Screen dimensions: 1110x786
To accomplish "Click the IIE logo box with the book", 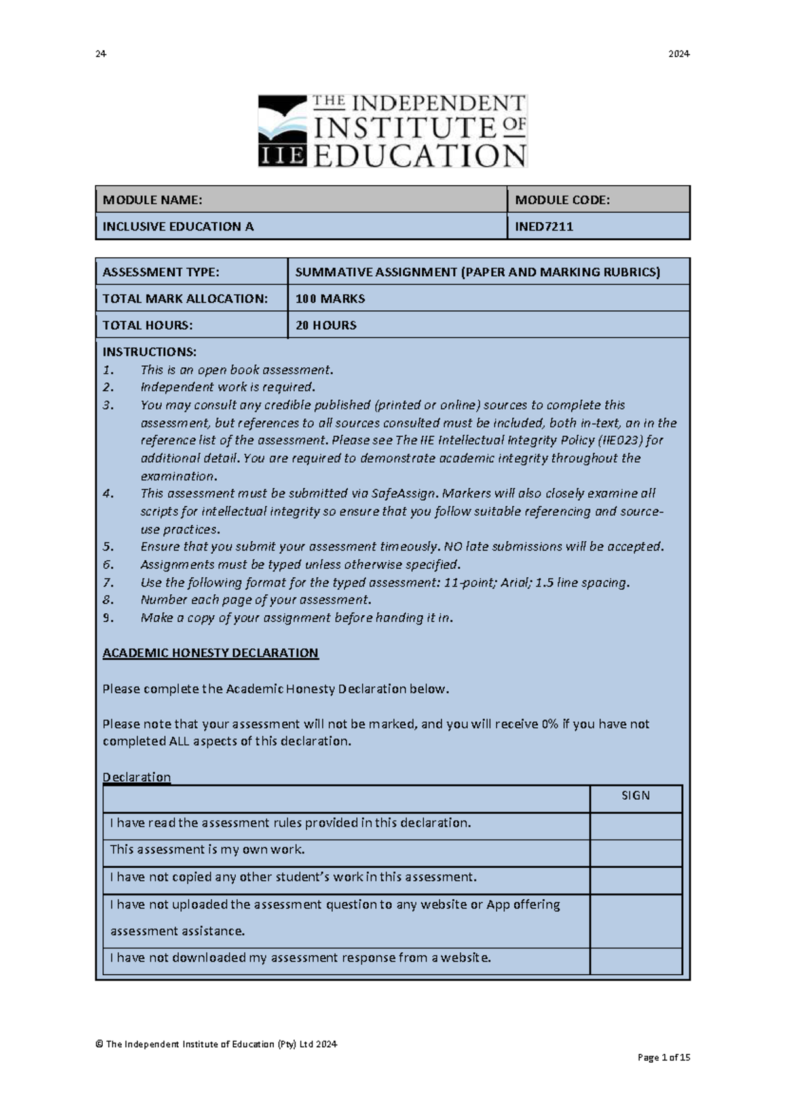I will (282, 131).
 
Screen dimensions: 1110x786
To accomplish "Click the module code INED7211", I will (544, 226).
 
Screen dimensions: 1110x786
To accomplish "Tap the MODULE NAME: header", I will (153, 200).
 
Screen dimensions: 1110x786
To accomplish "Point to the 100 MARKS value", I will (330, 298).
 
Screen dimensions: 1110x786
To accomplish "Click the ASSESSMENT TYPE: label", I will (161, 272).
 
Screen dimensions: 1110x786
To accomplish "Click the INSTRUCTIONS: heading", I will (149, 352).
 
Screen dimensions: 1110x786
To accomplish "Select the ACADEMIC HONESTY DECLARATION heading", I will (210, 653).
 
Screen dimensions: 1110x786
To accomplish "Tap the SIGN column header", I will (635, 796).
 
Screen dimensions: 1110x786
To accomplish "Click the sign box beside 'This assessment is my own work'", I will (635, 853).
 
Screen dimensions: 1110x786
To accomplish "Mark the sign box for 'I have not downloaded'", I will (635, 961).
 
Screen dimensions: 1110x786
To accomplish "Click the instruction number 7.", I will (108, 582).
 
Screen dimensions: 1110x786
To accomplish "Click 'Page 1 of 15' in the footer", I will (664, 1057).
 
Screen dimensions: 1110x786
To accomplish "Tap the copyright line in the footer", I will (216, 1044).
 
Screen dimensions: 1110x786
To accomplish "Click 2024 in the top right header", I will (679, 54).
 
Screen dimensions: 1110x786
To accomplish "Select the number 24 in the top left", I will (100, 54).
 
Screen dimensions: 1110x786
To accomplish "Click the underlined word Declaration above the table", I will (136, 777).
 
